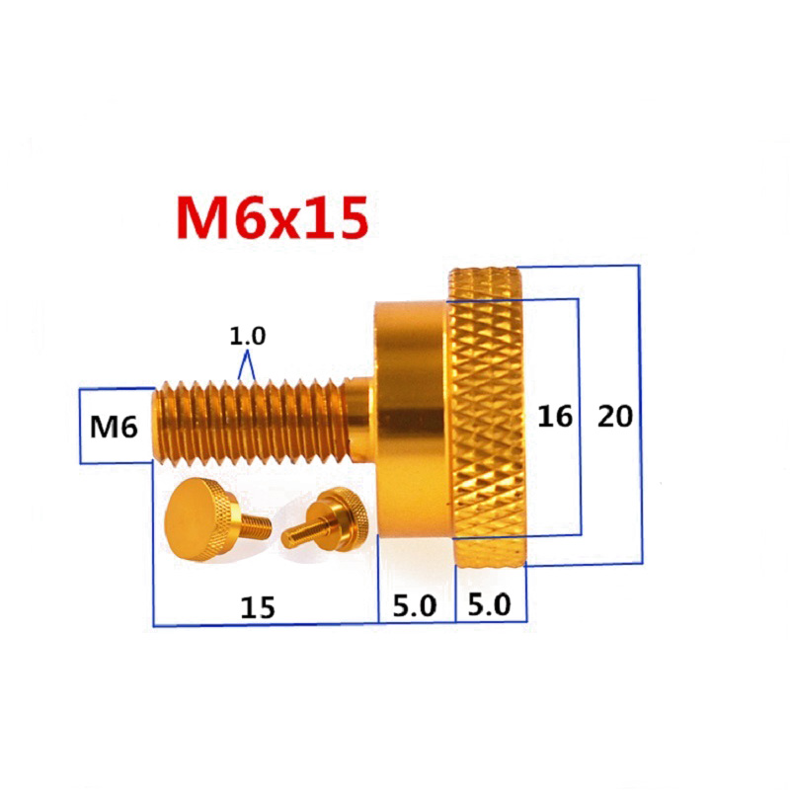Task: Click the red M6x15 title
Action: coord(273,218)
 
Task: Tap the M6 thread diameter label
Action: coord(114,427)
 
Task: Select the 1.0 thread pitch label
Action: coord(248,336)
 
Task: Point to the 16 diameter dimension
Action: coord(555,417)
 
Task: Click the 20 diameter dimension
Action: coord(614,417)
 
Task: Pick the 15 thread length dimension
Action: coord(258,607)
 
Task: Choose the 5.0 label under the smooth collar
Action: coord(414,606)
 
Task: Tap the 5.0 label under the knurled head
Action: coord(489,604)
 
